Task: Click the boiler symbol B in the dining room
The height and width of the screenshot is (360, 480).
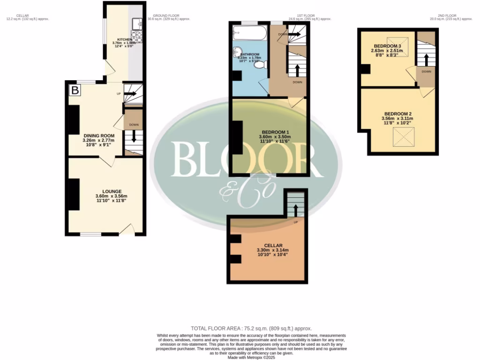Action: tap(74, 90)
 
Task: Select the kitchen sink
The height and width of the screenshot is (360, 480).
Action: tap(136, 22)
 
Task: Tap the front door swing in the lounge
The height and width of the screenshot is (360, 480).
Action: tap(127, 229)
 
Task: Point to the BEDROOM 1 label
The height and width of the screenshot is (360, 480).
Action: tap(274, 132)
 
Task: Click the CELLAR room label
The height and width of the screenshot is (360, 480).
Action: tap(273, 245)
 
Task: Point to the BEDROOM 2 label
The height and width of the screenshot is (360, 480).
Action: tap(398, 114)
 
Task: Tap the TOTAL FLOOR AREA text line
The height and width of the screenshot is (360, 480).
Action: tap(251, 329)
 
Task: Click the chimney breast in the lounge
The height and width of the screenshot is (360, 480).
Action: tap(74, 195)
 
